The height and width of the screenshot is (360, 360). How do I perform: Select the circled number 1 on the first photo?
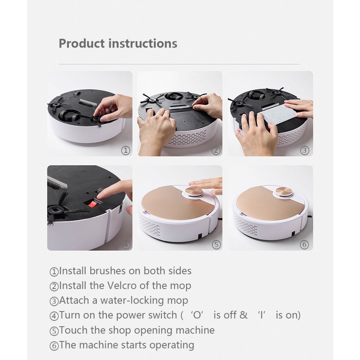tap(126, 150)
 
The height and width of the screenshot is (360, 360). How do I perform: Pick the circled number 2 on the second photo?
tap(216, 150)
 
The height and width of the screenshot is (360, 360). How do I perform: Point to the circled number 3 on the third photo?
tap(304, 150)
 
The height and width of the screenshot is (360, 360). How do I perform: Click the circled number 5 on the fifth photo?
tap(216, 245)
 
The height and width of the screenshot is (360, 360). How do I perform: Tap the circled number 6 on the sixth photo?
tap(304, 245)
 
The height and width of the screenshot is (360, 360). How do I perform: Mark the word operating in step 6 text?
tap(172, 345)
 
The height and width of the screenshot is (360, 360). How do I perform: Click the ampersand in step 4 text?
tap(244, 315)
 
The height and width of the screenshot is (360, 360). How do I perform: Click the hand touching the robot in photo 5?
tap(207, 184)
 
